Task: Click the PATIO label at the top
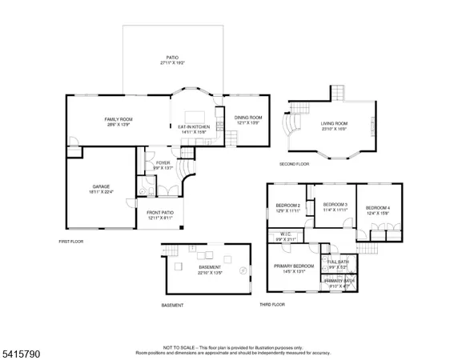pos(172,57)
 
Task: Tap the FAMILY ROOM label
pos(117,118)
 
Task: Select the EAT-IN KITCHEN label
pos(193,127)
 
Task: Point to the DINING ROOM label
pos(247,118)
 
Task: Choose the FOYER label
pos(163,163)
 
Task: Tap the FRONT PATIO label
pos(160,214)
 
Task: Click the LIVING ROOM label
pos(332,123)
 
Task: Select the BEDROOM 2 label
pos(287,206)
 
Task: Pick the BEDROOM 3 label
pos(335,205)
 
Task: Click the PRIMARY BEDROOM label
pos(294,265)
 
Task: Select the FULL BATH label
pos(338,262)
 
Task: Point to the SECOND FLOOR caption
pos(294,163)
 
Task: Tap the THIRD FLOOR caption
pos(272,305)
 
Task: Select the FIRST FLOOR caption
pos(71,241)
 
